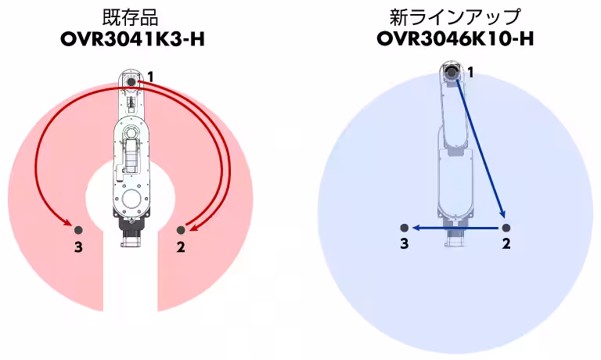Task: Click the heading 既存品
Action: pos(131,18)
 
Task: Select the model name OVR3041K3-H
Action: pos(132,39)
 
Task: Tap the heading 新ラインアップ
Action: pos(455,17)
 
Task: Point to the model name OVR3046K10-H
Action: pos(455,38)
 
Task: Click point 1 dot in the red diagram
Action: pos(131,82)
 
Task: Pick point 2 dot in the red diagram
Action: pos(181,230)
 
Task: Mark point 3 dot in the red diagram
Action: pos(78,230)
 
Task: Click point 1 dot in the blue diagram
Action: pos(452,72)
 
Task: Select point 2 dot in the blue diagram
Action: pos(506,228)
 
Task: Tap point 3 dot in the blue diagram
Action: pos(404,228)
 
